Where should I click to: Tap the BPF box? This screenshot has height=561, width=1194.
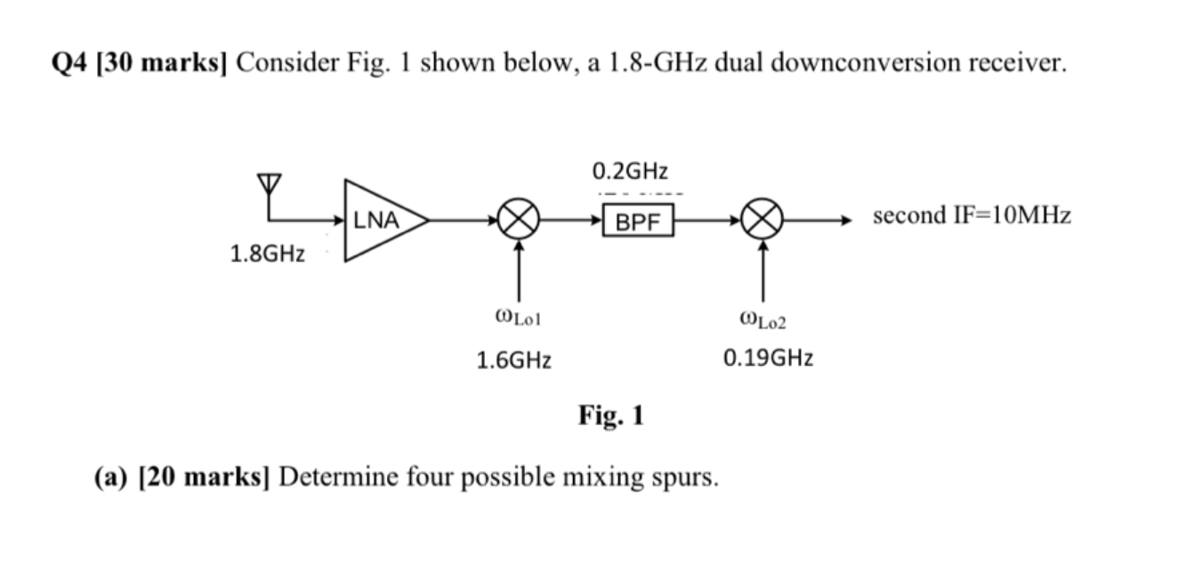pyautogui.click(x=638, y=221)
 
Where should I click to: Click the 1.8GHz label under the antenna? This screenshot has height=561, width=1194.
pyautogui.click(x=267, y=254)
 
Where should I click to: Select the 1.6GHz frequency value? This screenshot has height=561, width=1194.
pyautogui.click(x=513, y=360)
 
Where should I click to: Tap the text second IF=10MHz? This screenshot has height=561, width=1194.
pyautogui.click(x=972, y=215)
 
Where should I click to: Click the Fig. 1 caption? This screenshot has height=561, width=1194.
pyautogui.click(x=610, y=415)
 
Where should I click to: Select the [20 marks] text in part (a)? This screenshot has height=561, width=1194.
pyautogui.click(x=206, y=477)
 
